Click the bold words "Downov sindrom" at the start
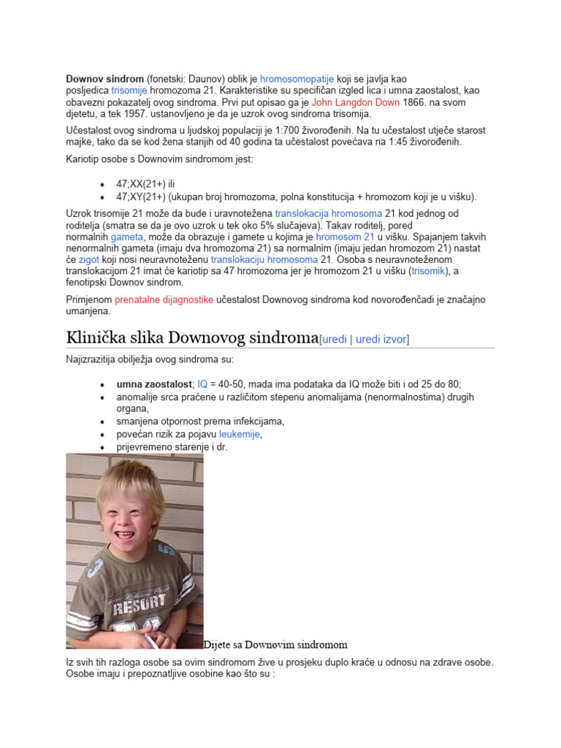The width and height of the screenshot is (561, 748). (x=104, y=78)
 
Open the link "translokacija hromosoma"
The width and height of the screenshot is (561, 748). (x=328, y=213)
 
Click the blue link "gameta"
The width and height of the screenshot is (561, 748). (x=126, y=237)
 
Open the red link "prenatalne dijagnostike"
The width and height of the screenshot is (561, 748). (x=164, y=299)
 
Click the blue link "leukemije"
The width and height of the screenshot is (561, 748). (x=240, y=435)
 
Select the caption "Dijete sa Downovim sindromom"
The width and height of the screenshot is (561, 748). (x=275, y=645)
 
